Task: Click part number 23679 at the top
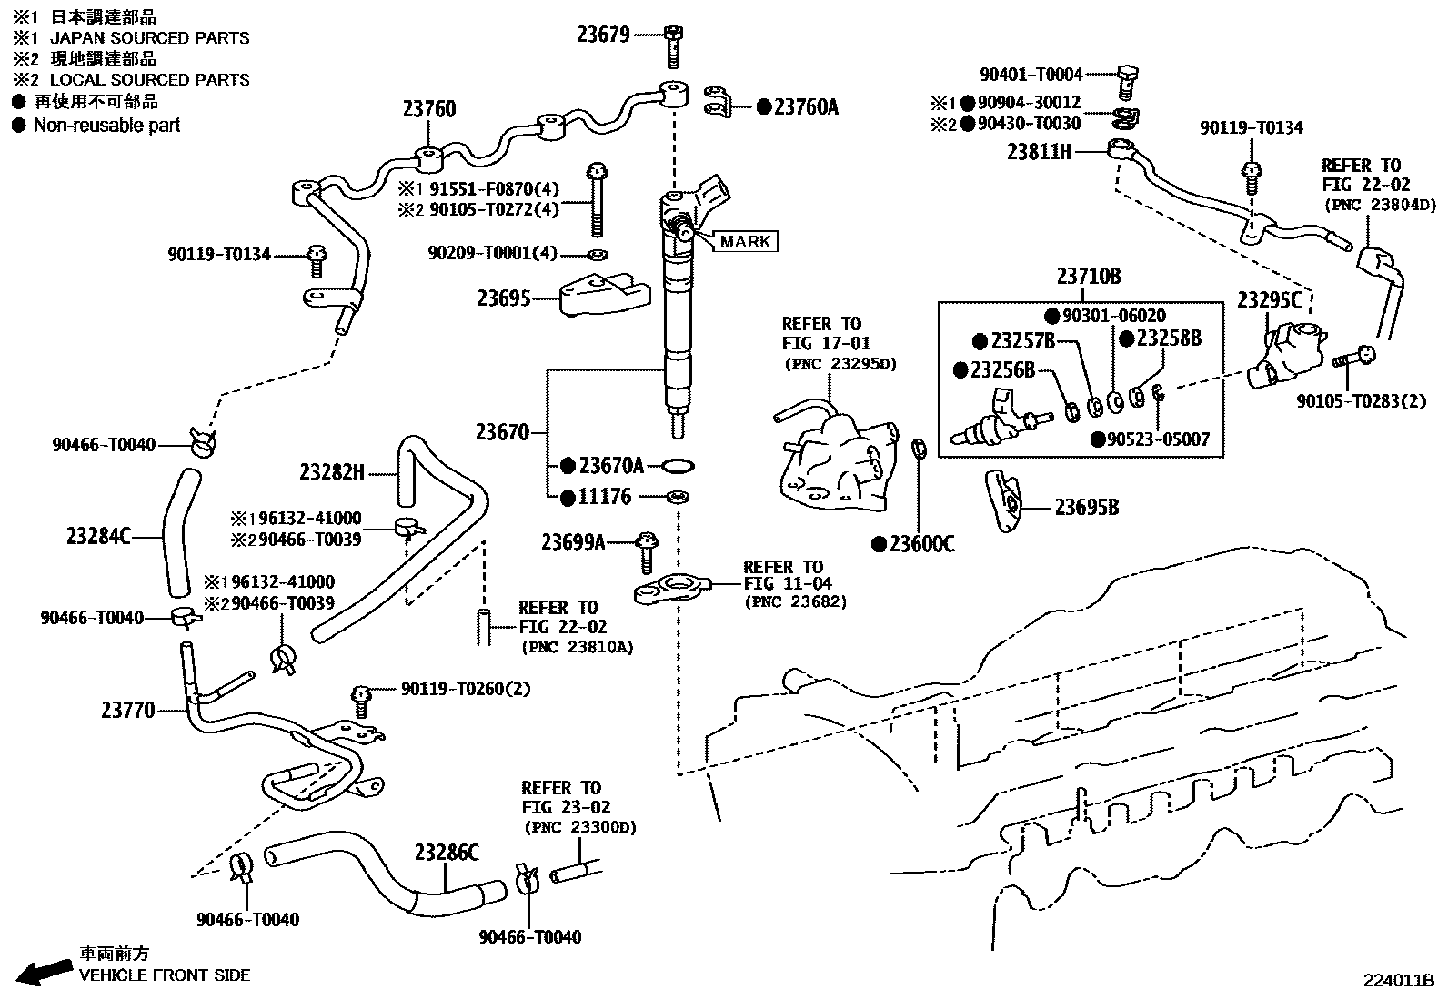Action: pos(602,35)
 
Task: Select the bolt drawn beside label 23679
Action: pos(672,46)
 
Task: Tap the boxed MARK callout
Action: pos(746,241)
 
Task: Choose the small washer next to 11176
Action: pos(677,497)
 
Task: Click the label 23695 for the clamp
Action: pos(503,298)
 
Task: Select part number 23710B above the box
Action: pos(1088,277)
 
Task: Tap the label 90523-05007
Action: pos(1157,439)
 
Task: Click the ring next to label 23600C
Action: pos(919,449)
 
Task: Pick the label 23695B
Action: pos(1086,507)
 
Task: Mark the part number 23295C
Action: pos(1269,300)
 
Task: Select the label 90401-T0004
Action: pos(1031,75)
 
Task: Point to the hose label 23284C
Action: pos(98,536)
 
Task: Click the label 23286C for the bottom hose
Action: pos(446,853)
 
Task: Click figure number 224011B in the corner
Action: pos(1397,981)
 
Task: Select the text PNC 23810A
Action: pos(578,647)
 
